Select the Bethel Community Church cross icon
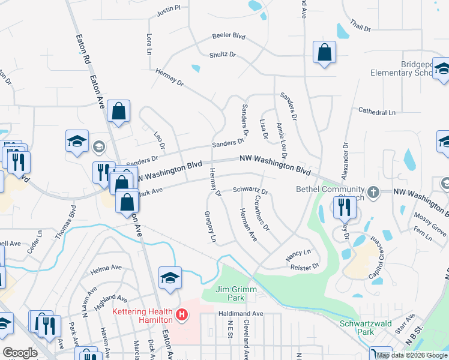(373, 193)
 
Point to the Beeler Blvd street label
(229, 36)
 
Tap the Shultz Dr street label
(223, 55)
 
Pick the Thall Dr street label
(361, 27)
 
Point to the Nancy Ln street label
(298, 254)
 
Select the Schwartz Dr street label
(250, 188)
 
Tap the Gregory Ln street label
(210, 227)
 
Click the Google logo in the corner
(20, 353)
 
